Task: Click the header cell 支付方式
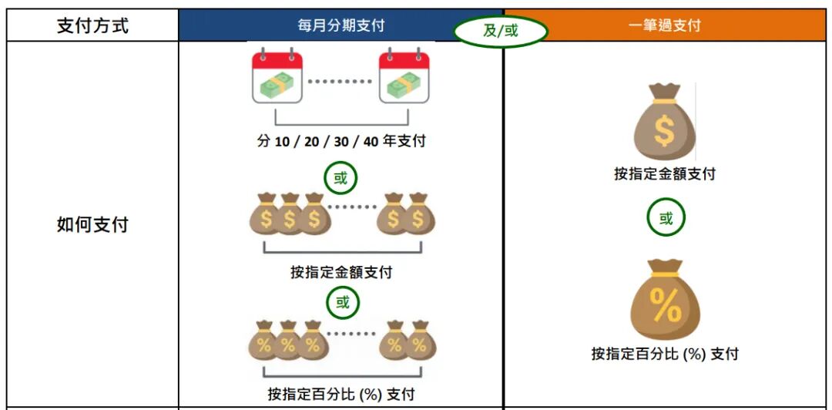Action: point(92,25)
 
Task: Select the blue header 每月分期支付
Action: point(341,25)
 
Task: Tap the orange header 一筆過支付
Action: point(664,25)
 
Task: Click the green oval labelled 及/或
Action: point(501,32)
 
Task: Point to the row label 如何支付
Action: point(92,225)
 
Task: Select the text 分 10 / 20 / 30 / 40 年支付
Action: point(341,141)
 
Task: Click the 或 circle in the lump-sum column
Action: point(666,219)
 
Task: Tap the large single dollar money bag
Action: point(664,123)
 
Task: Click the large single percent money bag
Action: point(665,301)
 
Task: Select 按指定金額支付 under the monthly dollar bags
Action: point(341,272)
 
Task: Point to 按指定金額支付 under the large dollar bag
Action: point(664,174)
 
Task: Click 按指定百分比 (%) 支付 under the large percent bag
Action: point(665,354)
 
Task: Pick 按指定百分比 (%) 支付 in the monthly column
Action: point(341,395)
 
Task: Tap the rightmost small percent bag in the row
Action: point(421,341)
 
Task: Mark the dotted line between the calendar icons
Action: point(341,79)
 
